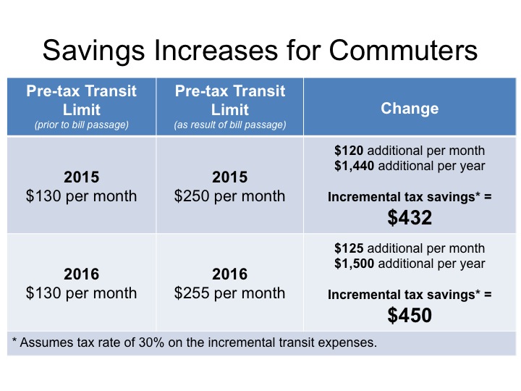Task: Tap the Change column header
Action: [x=410, y=109]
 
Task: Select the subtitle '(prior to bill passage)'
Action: [x=81, y=125]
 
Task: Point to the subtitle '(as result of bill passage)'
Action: [x=229, y=125]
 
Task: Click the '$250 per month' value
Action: [x=229, y=196]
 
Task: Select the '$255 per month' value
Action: [x=229, y=293]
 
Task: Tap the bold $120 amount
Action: [x=348, y=151]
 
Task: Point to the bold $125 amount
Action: [x=348, y=249]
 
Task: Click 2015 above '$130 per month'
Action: [x=81, y=178]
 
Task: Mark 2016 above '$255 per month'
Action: [x=229, y=274]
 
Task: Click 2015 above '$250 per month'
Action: [x=229, y=178]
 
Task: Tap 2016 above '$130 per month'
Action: [x=81, y=274]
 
